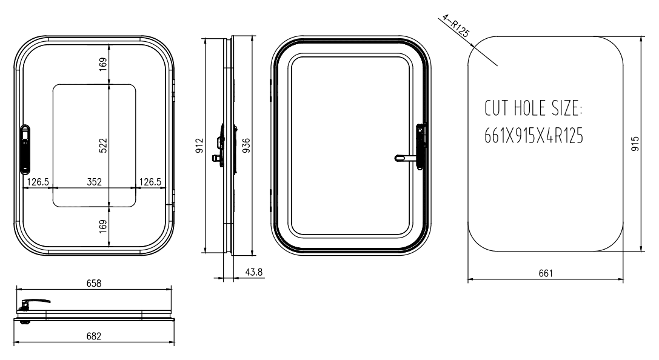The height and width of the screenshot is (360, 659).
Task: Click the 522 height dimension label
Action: [x=103, y=145]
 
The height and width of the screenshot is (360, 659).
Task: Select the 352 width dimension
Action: [x=94, y=182]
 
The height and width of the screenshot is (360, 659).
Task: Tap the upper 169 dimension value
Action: [x=103, y=64]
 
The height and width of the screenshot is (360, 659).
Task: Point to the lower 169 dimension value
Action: [x=103, y=227]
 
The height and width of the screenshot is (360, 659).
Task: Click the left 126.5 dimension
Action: [x=38, y=182]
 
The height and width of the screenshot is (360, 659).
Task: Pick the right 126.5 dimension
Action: [x=150, y=182]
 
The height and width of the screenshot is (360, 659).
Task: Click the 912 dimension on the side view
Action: [x=199, y=145]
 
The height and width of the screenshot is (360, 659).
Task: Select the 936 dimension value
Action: [x=246, y=145]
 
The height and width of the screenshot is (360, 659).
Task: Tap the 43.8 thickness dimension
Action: [x=253, y=272]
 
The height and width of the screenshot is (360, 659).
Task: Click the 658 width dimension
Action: [x=94, y=284]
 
